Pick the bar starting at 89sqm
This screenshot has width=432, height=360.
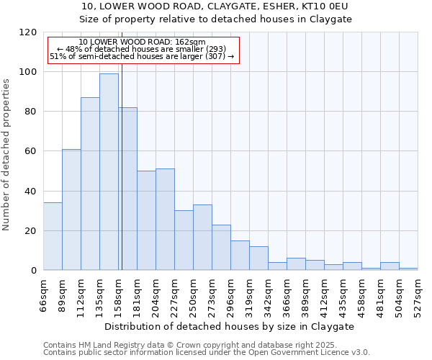pos(71,210)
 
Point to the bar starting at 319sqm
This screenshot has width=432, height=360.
pos(258,258)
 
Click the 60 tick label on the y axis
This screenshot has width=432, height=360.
pos(30,151)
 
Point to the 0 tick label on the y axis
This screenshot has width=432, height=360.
pos(33,271)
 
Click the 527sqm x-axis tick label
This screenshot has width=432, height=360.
pos(418,295)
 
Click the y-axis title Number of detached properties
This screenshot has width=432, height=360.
pos(7,155)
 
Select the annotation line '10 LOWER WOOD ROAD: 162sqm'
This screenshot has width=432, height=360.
pos(142,42)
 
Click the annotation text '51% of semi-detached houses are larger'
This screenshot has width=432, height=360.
pos(142,56)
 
